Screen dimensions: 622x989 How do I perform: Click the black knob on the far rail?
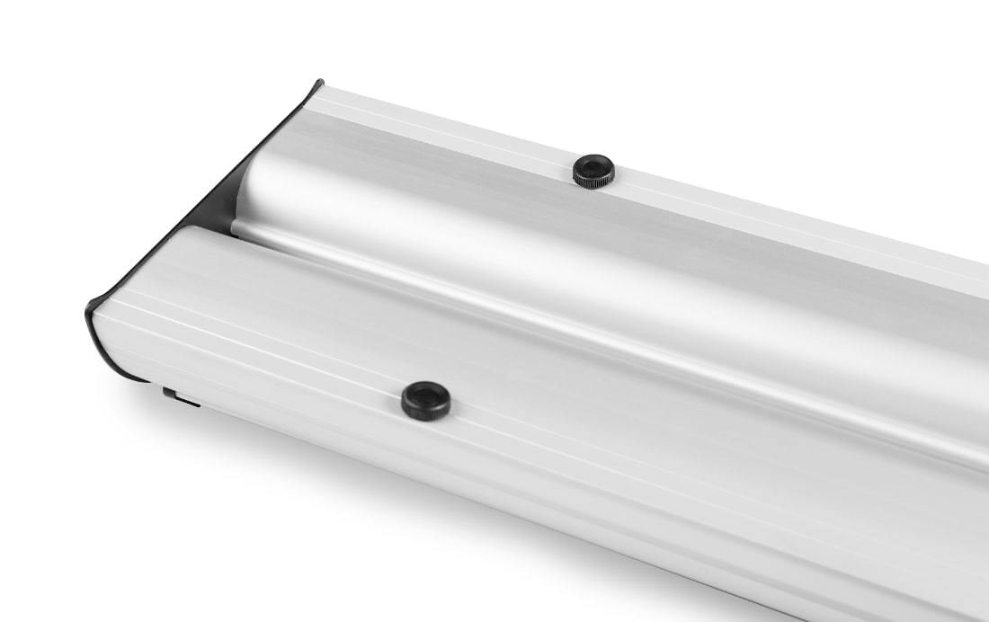point(593,171)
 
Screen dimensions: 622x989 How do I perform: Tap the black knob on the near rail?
point(426,401)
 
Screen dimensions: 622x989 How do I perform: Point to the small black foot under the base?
point(180,396)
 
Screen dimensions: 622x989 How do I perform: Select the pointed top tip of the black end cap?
point(318,84)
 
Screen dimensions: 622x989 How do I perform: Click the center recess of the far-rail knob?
point(594,167)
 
